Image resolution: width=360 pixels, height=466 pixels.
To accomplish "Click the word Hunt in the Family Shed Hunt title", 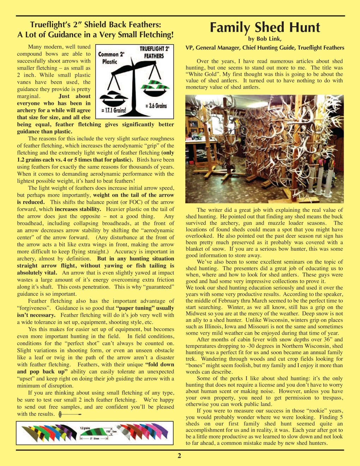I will click(302, 28).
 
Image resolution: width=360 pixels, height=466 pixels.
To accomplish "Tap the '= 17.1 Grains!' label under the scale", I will click(114, 110).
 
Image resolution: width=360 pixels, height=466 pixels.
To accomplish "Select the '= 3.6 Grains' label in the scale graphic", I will click(156, 106).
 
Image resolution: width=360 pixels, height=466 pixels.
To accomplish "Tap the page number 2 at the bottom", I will click(179, 456).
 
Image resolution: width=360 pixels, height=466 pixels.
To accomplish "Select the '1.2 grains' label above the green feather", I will click(85, 428).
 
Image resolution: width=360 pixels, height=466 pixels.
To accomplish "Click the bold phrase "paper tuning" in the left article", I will click(136, 308).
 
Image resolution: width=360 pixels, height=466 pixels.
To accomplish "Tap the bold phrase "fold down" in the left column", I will click(161, 364).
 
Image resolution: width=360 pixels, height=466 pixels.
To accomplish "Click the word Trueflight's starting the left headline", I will click(49, 25).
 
